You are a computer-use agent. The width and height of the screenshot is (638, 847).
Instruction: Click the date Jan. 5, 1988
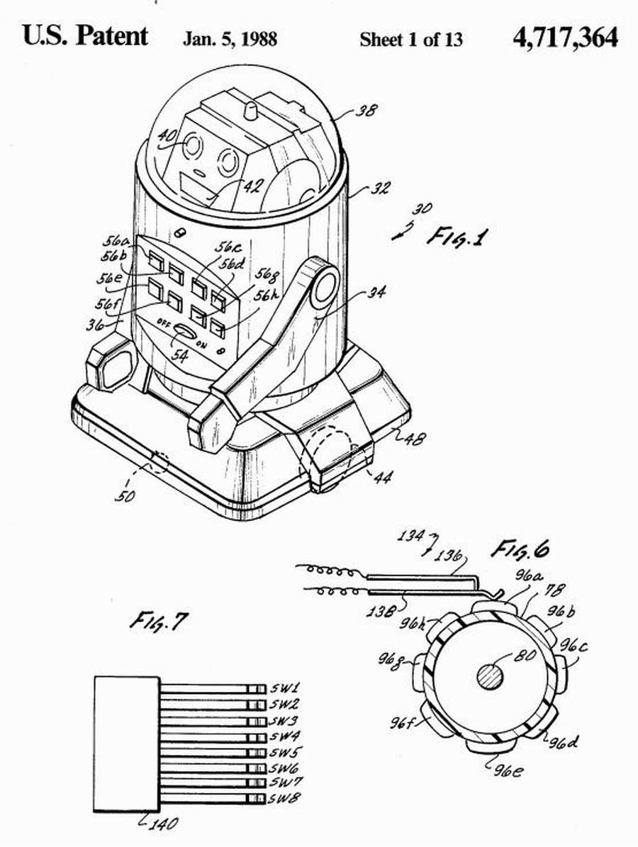[230, 40]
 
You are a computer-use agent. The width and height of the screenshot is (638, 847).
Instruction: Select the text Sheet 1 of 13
[411, 40]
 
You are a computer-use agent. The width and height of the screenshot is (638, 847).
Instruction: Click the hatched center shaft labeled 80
[491, 675]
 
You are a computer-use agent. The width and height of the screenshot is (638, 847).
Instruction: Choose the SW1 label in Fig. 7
[285, 689]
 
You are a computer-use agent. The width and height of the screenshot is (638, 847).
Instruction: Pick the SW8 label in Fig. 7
[285, 798]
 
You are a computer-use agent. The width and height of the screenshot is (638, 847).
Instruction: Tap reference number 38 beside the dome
[366, 111]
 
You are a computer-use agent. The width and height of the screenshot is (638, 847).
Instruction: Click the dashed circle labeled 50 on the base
[159, 463]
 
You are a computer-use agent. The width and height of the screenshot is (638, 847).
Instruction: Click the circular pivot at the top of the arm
[324, 286]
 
